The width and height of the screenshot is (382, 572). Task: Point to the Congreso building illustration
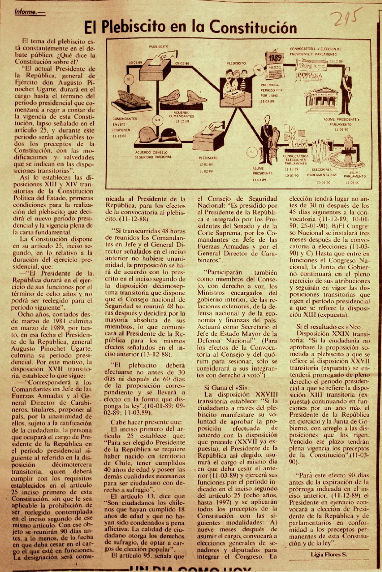coord(322,99)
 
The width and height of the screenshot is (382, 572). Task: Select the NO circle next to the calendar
coord(258,70)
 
